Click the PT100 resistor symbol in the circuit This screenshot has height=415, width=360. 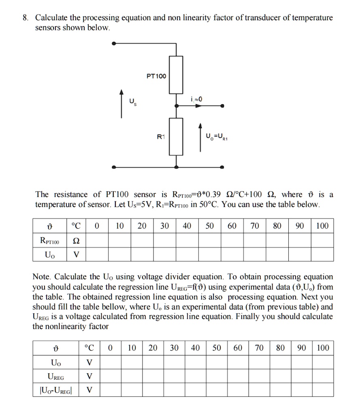tap(176, 75)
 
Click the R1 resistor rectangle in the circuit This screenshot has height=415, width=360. tap(176, 137)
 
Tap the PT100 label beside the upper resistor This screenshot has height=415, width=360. tap(156, 76)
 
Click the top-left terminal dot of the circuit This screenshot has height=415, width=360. tap(115, 43)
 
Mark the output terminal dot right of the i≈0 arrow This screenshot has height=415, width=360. tap(222, 106)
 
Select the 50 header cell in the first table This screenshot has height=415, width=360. tap(209, 226)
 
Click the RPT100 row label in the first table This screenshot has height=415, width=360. tap(49, 242)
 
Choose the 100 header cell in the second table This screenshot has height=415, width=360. tap(323, 348)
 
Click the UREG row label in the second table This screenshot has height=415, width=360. tap(56, 376)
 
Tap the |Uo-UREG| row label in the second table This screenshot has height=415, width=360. tap(56, 391)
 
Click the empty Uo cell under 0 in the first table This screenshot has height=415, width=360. tap(97, 255)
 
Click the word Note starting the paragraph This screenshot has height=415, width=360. tap(42, 277)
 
